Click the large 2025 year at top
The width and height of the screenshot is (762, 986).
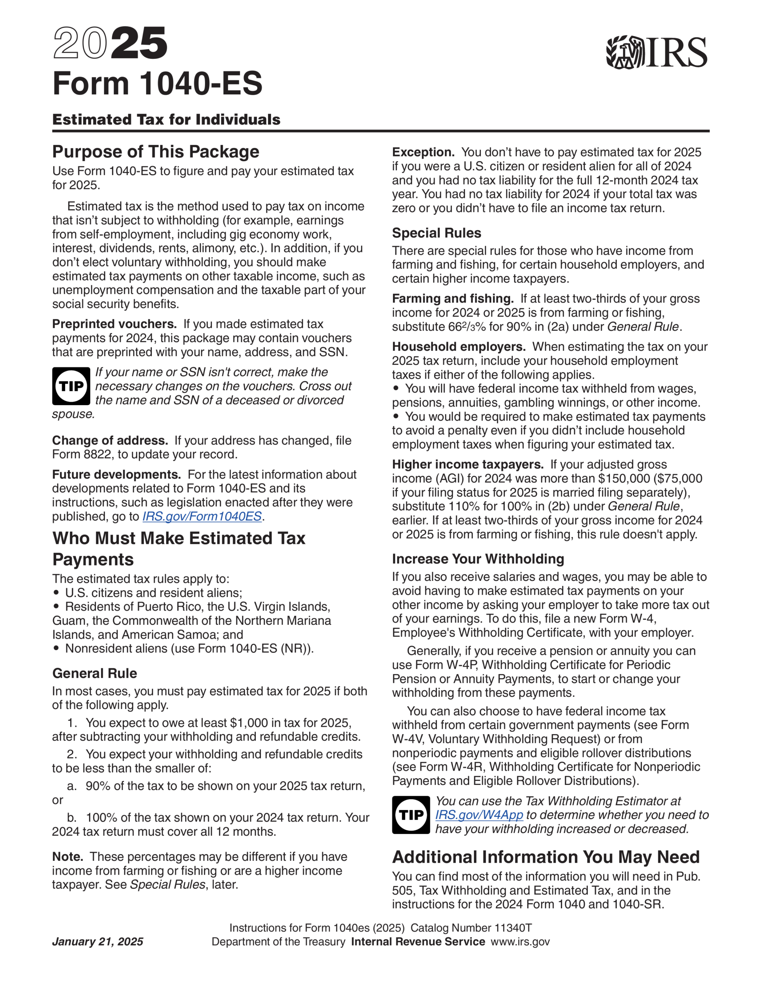(x=110, y=44)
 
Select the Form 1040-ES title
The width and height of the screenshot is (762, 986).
(x=157, y=84)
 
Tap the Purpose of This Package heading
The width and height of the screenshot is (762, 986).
(x=156, y=152)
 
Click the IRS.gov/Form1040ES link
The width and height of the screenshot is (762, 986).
(x=202, y=516)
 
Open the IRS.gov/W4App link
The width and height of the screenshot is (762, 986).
(x=479, y=815)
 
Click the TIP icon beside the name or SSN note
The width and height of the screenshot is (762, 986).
(x=71, y=386)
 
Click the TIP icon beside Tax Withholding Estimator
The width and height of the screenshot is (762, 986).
(x=411, y=815)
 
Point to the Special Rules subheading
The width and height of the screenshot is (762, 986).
(x=436, y=233)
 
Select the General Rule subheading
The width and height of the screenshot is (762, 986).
(x=94, y=673)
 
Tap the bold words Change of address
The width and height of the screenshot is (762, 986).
(x=110, y=441)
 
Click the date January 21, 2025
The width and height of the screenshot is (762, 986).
(x=97, y=942)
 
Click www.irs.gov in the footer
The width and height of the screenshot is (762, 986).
(x=520, y=942)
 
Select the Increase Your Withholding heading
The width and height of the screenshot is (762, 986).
(x=478, y=559)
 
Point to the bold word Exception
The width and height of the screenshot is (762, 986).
(x=423, y=152)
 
